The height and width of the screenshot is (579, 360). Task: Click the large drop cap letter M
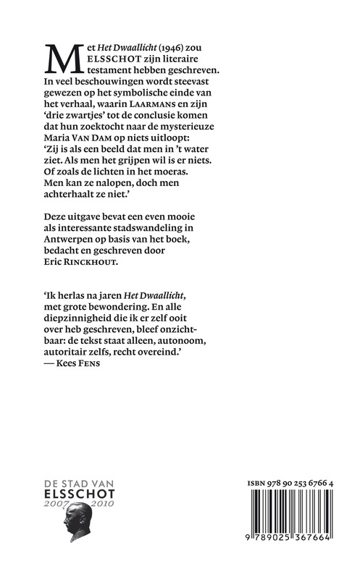[x=61, y=57]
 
